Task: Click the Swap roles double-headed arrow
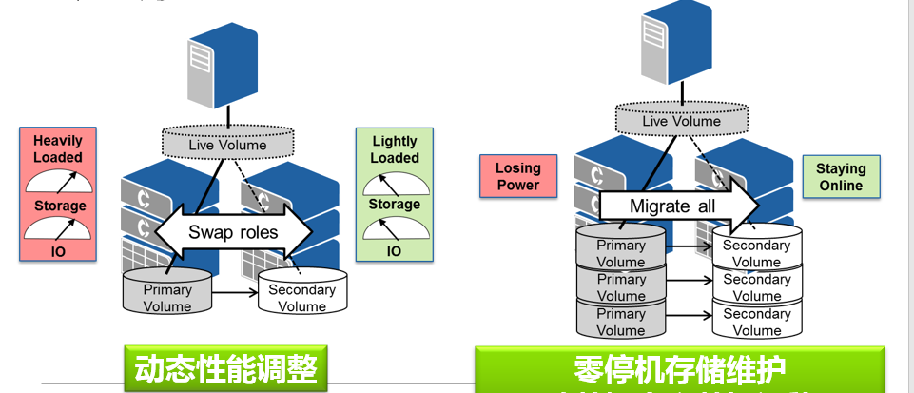(x=232, y=231)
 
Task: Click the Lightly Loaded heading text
(x=395, y=149)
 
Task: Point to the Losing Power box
(x=517, y=177)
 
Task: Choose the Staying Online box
(x=841, y=177)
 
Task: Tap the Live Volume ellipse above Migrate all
(x=682, y=121)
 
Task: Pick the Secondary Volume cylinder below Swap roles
(x=301, y=295)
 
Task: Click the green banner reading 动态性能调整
(x=225, y=368)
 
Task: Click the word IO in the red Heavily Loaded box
(x=58, y=249)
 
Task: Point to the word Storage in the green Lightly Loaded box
(x=395, y=204)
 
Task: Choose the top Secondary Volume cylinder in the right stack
(x=757, y=251)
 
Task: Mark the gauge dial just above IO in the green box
(x=395, y=226)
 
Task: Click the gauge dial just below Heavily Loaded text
(x=58, y=181)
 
